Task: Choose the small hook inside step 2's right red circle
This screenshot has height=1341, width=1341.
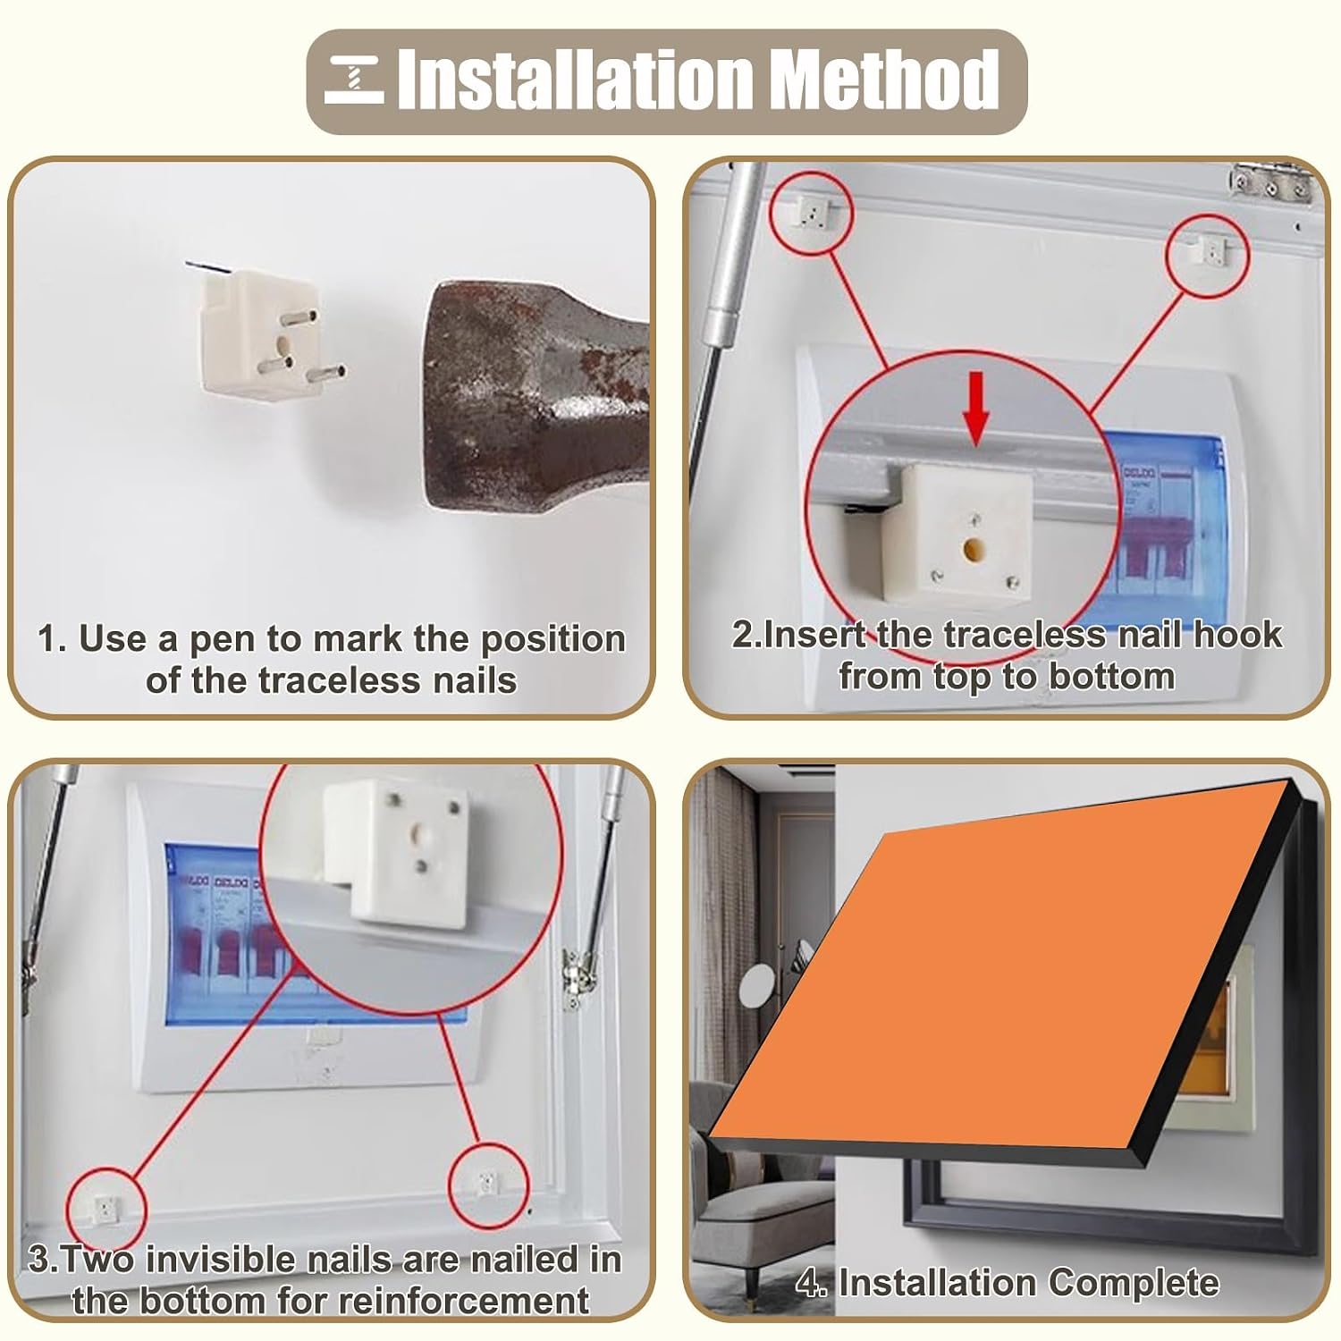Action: tap(1210, 251)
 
